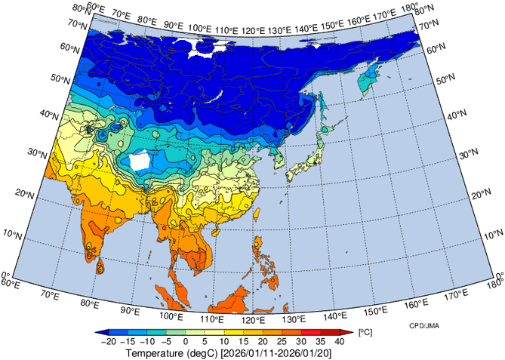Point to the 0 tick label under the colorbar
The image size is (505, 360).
tap(186, 342)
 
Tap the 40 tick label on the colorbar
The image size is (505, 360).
tap(339, 342)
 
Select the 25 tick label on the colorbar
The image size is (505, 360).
tap(282, 342)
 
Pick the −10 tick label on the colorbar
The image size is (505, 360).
tap(147, 342)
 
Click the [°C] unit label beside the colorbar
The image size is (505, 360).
tap(365, 332)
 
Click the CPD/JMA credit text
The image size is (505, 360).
tap(425, 326)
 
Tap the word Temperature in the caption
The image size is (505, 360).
tap(155, 352)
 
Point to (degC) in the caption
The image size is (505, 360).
tap(205, 352)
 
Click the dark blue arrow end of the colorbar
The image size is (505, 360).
tap(101, 332)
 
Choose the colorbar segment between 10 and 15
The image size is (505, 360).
tap(234, 332)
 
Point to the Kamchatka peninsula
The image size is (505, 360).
tap(371, 76)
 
